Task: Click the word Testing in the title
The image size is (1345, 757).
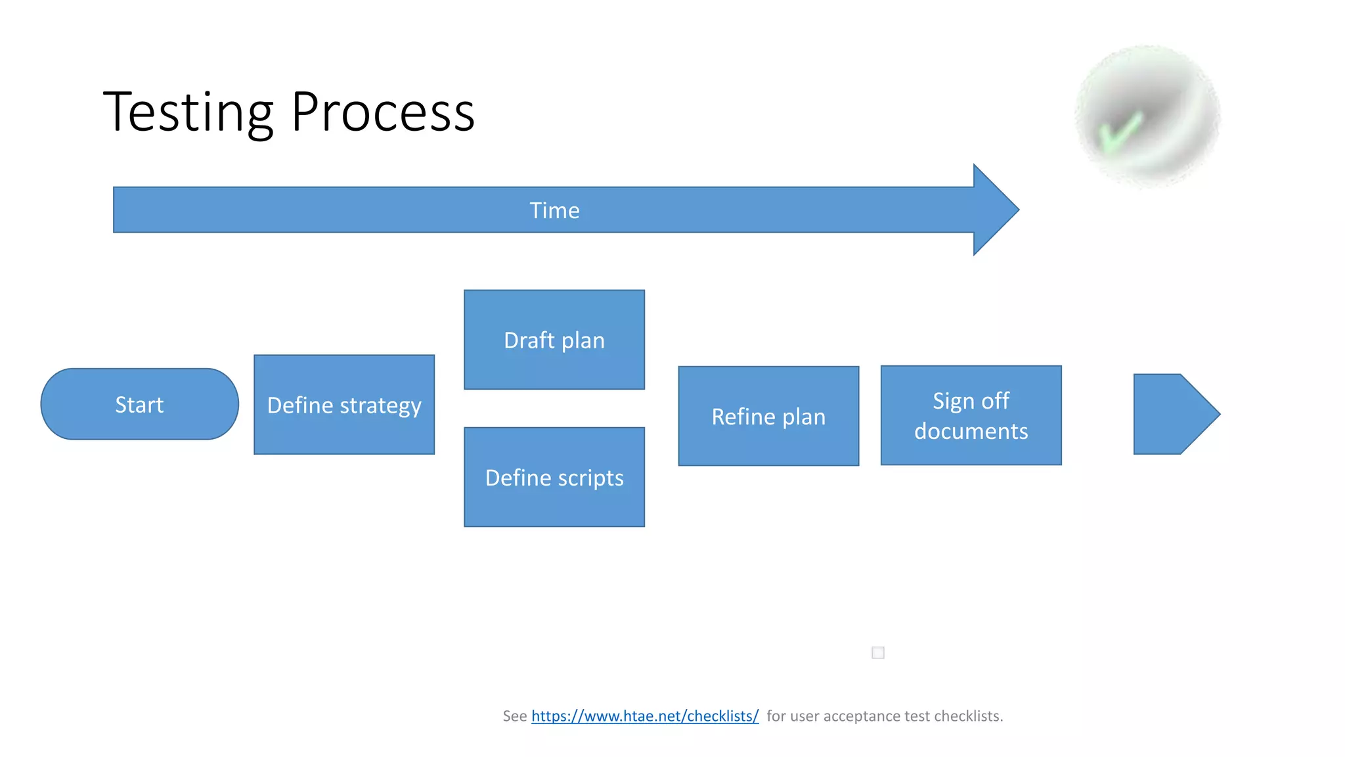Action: pos(188,113)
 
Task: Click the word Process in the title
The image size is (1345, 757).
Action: pos(382,113)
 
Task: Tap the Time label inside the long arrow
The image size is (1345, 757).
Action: pos(554,210)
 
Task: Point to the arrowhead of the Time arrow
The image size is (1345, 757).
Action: pos(994,210)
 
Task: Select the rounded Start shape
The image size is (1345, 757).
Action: pos(139,404)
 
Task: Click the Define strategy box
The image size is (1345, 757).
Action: pos(344,405)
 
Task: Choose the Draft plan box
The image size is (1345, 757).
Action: pos(554,340)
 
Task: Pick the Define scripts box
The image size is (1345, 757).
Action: pos(554,478)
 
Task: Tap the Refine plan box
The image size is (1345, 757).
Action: pos(768,416)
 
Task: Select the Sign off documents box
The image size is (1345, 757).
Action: pos(971,415)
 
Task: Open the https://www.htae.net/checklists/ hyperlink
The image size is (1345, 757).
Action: pos(645,716)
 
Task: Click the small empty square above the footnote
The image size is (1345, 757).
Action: pos(878,653)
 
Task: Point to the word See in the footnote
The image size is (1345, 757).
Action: pos(515,716)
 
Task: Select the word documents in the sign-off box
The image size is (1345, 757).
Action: pos(971,431)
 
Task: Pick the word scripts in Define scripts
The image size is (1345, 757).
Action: pos(590,478)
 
